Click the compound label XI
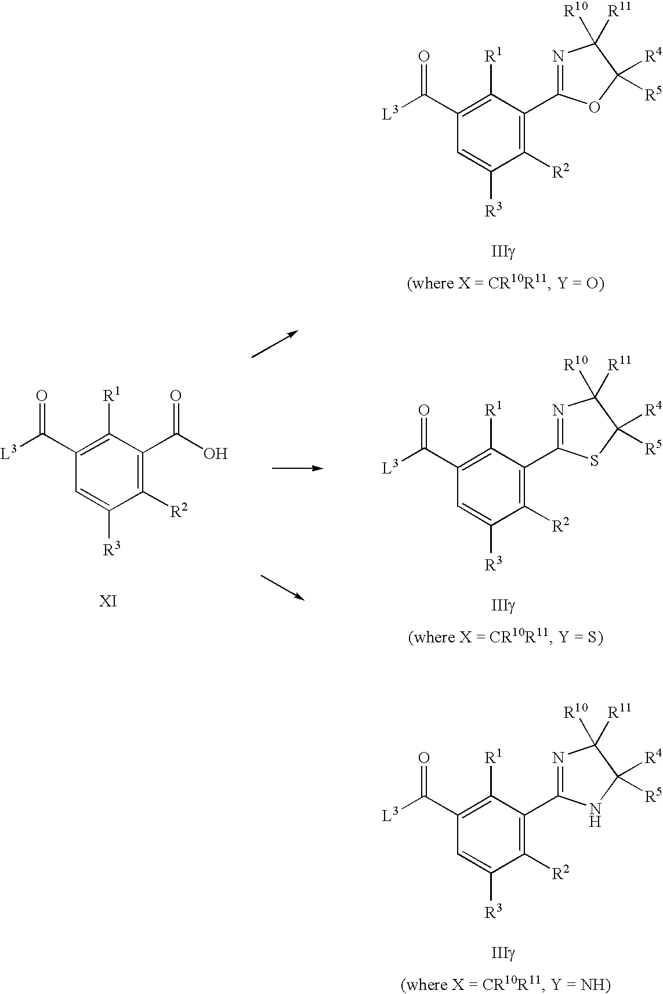108,601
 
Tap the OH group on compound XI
215,453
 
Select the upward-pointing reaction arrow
274,344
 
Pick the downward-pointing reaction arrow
282,587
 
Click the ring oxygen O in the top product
594,107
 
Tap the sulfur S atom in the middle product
593,461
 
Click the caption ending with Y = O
505,284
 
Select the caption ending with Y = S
505,637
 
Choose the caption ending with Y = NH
505,984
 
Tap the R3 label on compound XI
112,548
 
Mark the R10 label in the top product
575,12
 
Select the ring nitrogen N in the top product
559,56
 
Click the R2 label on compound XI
179,511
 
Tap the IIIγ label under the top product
503,252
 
